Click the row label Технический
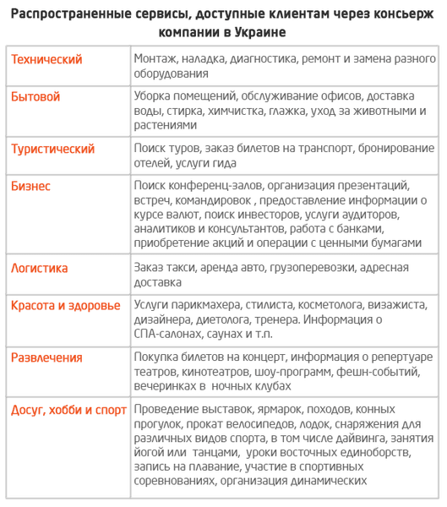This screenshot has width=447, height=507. tap(46, 59)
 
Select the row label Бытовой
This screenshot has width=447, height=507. tap(35, 97)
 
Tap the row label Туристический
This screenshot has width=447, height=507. tap(52, 149)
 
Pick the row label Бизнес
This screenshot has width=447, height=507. tap(31, 186)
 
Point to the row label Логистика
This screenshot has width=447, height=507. tap(40, 268)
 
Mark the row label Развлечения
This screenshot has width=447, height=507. tap(47, 357)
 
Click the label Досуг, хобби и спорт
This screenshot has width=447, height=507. tap(68, 410)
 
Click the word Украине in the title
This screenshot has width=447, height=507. tap(254, 32)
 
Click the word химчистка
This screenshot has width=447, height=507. tap(281, 111)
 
